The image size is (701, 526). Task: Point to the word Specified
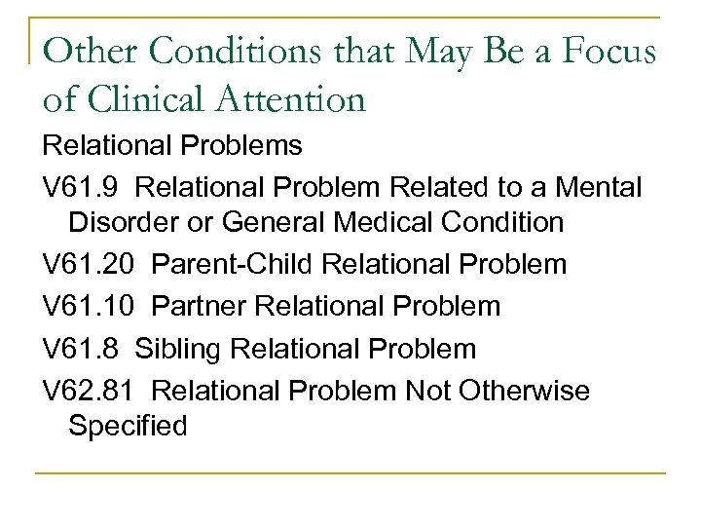[128, 426]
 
